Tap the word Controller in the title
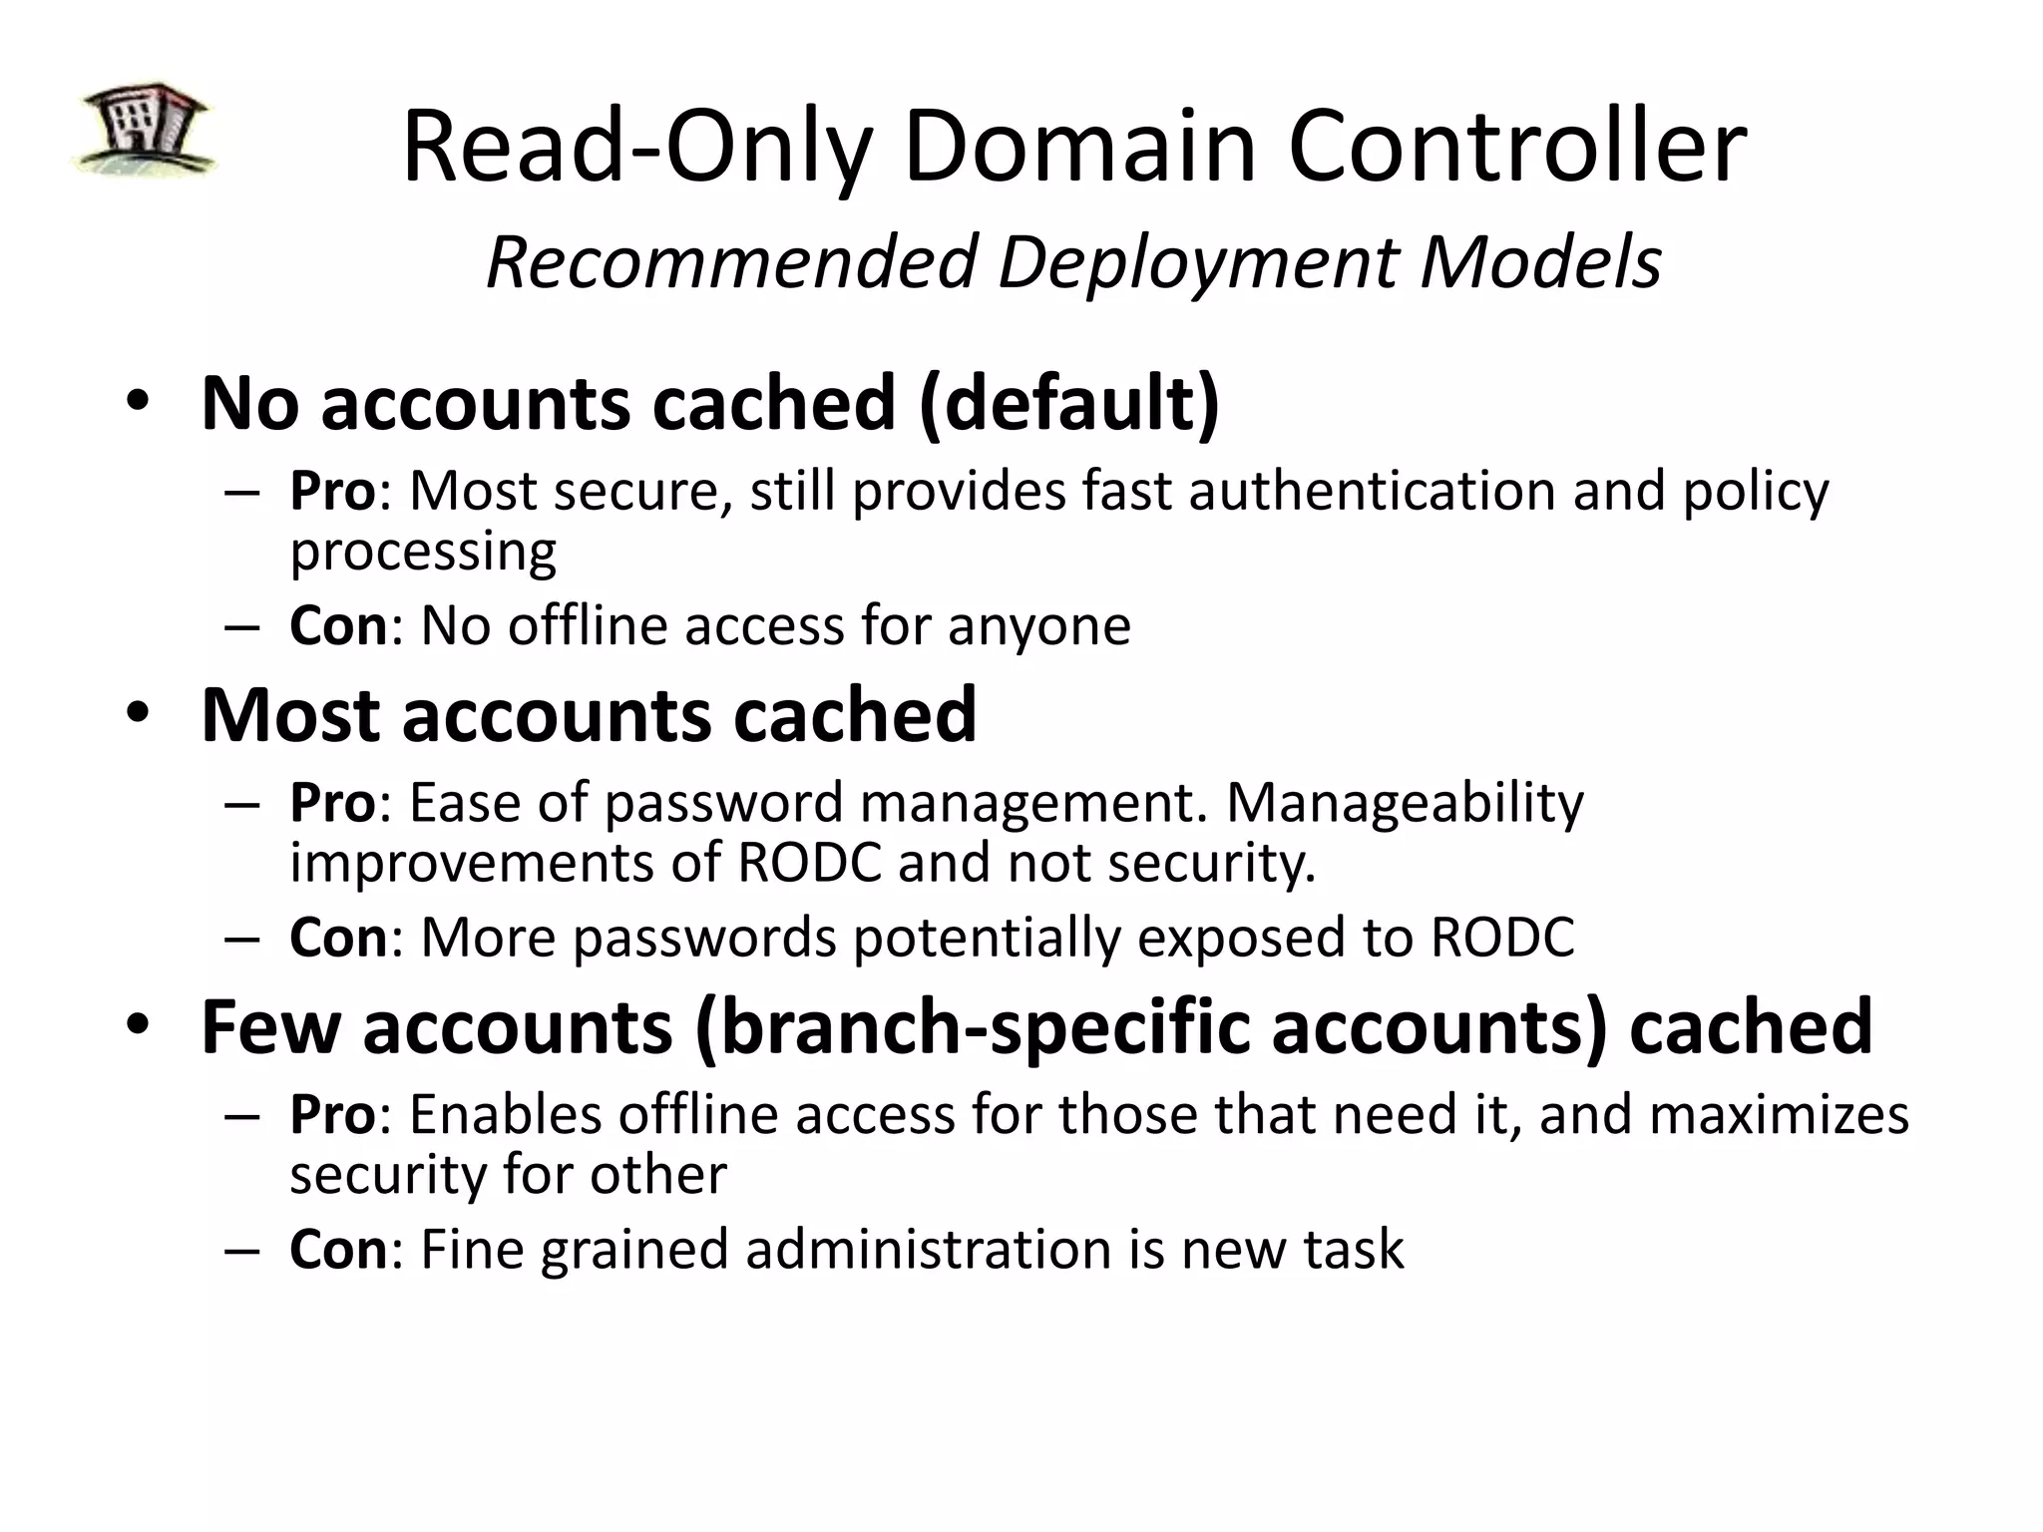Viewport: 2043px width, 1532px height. tap(1517, 148)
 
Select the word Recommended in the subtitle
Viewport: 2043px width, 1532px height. tap(729, 262)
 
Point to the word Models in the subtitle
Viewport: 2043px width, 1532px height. tap(1540, 262)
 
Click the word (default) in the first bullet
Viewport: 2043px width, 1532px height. tap(1068, 404)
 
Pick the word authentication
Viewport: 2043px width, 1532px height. tap(1372, 491)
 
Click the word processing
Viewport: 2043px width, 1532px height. tap(423, 552)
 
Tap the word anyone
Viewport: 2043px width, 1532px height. tap(1038, 626)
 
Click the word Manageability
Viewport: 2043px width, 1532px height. tap(1404, 803)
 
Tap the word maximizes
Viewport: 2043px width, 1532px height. tap(1779, 1114)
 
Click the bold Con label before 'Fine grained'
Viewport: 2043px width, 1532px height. tap(338, 1249)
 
